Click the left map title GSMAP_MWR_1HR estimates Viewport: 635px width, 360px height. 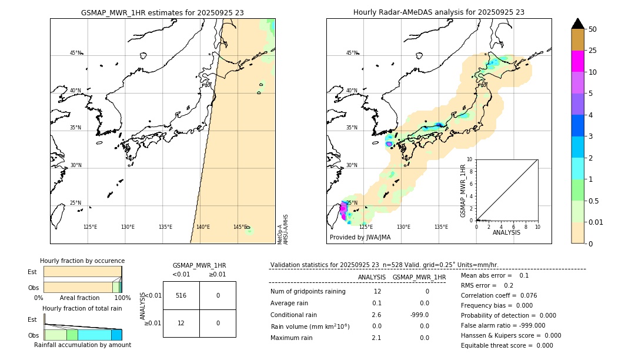pos(162,12)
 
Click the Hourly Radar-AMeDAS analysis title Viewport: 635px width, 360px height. pos(439,12)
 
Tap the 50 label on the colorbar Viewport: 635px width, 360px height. pos(593,29)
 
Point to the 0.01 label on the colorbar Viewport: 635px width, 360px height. pos(596,222)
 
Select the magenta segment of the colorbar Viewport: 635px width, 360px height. pos(577,61)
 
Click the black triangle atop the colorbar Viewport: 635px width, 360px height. pos(577,24)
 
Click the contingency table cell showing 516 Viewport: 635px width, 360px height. pos(181,295)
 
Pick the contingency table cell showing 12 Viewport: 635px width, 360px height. pos(181,323)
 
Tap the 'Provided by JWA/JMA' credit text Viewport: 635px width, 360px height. pos(360,237)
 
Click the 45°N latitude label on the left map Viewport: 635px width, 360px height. pos(76,53)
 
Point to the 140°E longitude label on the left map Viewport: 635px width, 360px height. pos(203,227)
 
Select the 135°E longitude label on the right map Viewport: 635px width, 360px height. pos(441,227)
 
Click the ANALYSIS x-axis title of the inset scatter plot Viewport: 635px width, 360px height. pos(506,232)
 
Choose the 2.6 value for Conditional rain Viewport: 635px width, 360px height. pos(377,315)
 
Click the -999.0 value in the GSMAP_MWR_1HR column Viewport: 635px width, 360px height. pos(419,315)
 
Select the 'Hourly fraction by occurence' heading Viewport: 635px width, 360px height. pos(82,261)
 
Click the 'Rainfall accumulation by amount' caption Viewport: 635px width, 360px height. pos(82,345)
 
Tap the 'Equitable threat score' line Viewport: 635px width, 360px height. pos(507,345)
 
